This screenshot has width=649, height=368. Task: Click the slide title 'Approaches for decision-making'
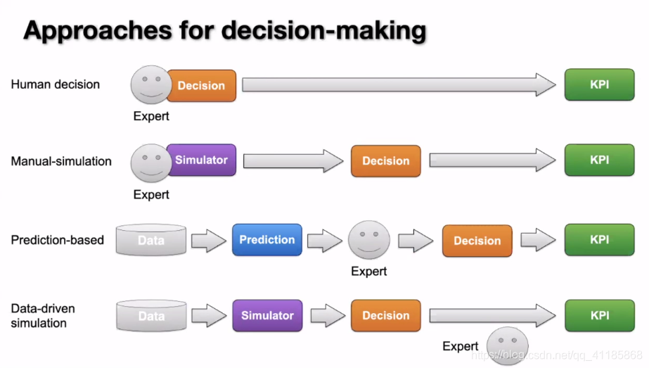(x=225, y=31)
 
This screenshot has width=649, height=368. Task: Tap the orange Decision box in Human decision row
(x=201, y=86)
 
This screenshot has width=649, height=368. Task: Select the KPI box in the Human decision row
(x=599, y=85)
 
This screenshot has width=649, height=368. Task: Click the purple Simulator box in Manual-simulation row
(x=201, y=160)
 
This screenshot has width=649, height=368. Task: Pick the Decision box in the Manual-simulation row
(x=385, y=161)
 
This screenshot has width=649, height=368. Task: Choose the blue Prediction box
(x=266, y=240)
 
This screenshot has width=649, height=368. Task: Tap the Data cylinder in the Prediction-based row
(x=151, y=241)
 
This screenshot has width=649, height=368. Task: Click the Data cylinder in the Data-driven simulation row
(x=151, y=316)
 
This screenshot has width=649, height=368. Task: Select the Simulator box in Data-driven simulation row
(x=267, y=315)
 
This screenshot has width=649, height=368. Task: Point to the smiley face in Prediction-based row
(x=369, y=241)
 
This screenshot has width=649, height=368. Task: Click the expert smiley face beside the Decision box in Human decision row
(x=150, y=86)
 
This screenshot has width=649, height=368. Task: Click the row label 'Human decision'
(x=56, y=84)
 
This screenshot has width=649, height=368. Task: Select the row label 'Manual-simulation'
(x=61, y=161)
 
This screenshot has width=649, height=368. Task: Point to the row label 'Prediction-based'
(x=57, y=240)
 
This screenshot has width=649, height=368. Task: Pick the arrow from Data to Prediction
(x=209, y=241)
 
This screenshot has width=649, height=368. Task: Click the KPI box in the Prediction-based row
(x=599, y=240)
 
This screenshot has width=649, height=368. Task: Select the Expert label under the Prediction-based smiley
(x=369, y=271)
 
